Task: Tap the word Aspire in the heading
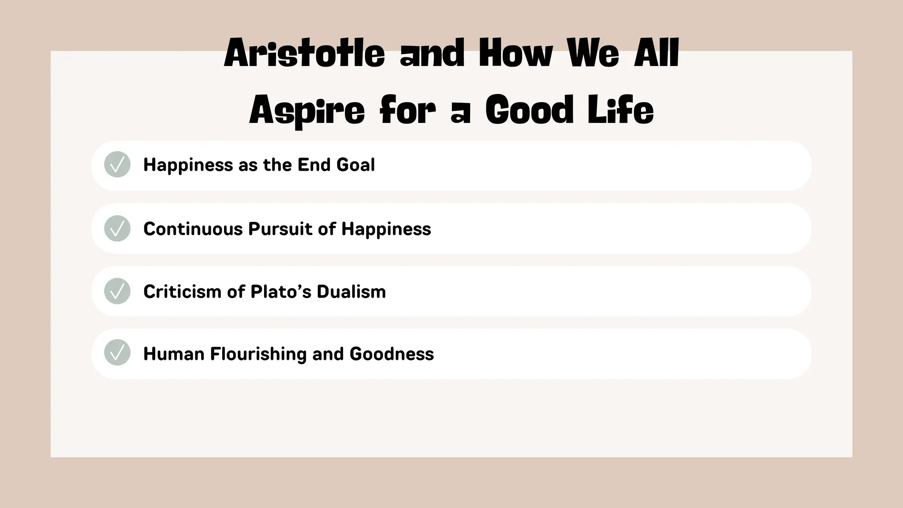[x=307, y=111]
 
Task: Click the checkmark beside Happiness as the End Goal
[x=117, y=164]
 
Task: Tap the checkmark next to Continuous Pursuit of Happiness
[x=117, y=228]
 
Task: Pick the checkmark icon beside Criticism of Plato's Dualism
[x=117, y=291]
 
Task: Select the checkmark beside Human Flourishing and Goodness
[x=117, y=353]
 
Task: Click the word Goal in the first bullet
[x=355, y=165]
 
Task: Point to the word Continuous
[x=193, y=229]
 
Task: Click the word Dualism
[x=351, y=291]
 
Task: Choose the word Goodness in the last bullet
[x=392, y=354]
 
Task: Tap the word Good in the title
[x=530, y=110]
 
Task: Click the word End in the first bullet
[x=314, y=165]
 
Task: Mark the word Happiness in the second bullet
[x=386, y=229]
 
